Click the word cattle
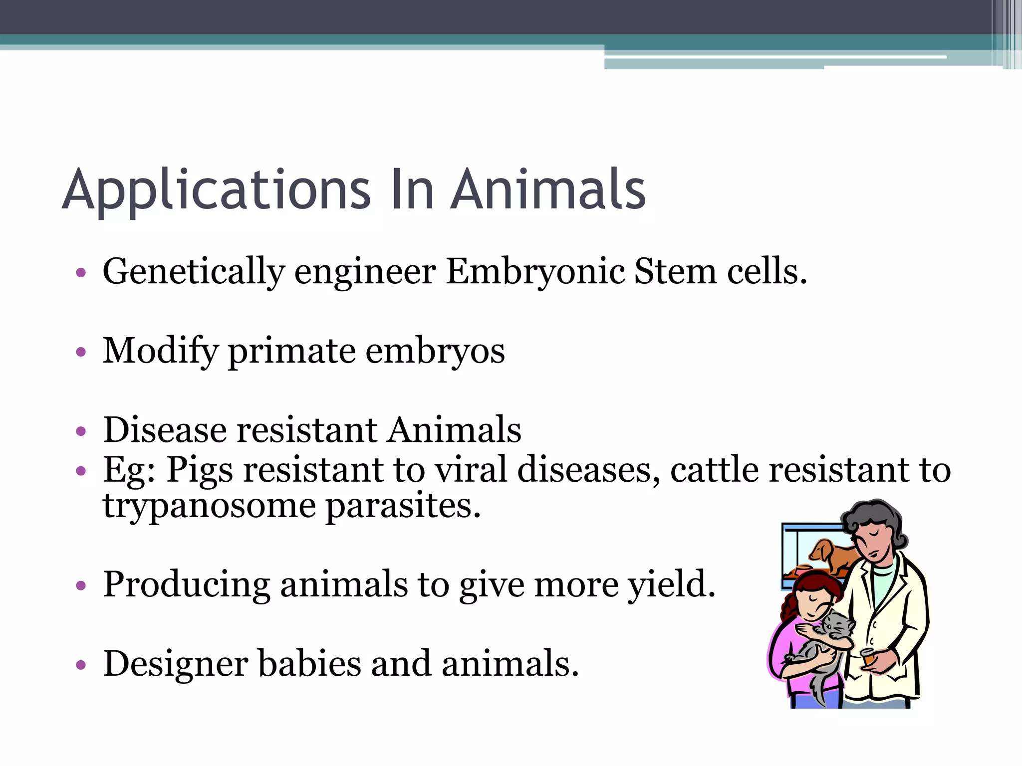click(x=715, y=470)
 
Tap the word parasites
click(x=403, y=506)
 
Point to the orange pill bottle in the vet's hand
click(x=869, y=657)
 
